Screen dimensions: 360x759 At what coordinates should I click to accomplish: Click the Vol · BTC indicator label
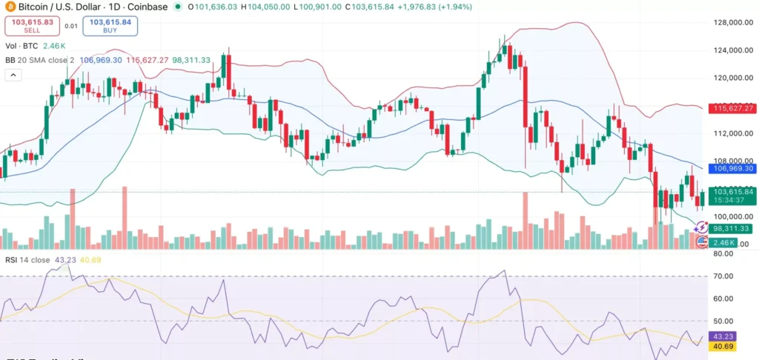[24, 45]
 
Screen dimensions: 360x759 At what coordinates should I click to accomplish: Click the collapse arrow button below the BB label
[13, 75]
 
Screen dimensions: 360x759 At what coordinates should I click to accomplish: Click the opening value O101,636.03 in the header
[214, 7]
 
